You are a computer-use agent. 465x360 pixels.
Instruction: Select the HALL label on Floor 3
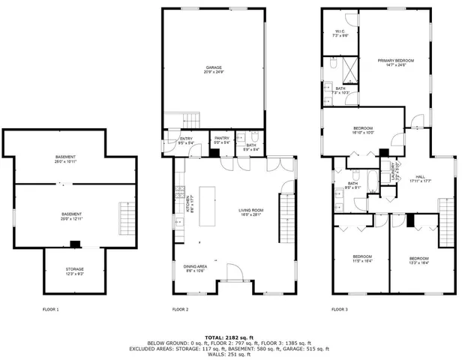(x=420, y=178)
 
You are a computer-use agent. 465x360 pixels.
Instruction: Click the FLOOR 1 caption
(x=51, y=309)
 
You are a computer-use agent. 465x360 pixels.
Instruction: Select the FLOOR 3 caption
(x=340, y=309)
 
